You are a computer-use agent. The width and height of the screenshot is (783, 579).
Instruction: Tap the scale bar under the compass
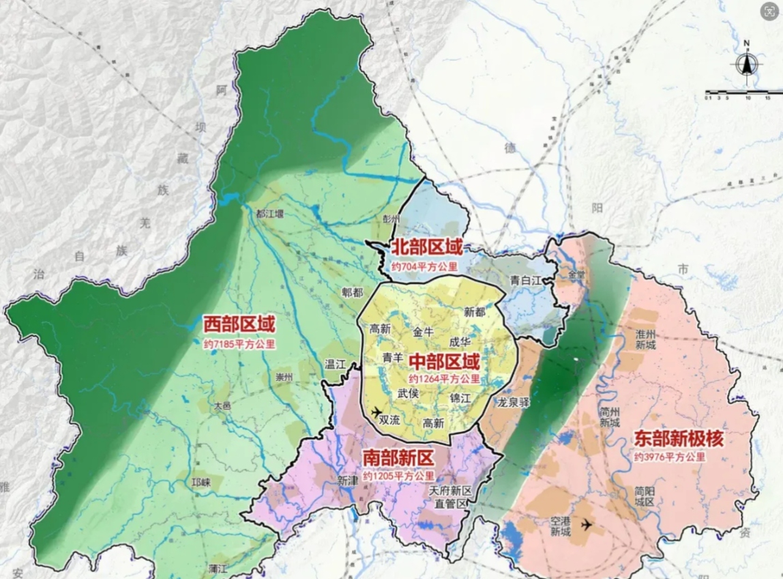pyautogui.click(x=743, y=91)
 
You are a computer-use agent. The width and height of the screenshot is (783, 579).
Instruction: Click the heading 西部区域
pyautogui.click(x=239, y=324)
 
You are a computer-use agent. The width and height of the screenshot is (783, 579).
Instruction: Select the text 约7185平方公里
pyautogui.click(x=239, y=345)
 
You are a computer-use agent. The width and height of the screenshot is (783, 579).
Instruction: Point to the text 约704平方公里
pyautogui.click(x=424, y=266)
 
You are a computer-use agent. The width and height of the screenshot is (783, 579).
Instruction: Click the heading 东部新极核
pyautogui.click(x=679, y=438)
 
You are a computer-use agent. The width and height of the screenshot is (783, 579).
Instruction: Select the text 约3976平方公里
pyautogui.click(x=668, y=457)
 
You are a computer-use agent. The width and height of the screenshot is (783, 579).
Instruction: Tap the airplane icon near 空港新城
pyautogui.click(x=586, y=524)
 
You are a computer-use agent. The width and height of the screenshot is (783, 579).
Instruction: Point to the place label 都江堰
pyautogui.click(x=269, y=213)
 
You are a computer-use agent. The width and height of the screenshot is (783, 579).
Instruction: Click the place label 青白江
pyautogui.click(x=525, y=279)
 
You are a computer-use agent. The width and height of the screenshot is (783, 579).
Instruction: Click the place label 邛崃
pyautogui.click(x=202, y=483)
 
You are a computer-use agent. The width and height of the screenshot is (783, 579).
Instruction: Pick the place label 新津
pyautogui.click(x=347, y=481)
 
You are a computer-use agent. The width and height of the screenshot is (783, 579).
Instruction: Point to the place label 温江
pyautogui.click(x=336, y=364)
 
